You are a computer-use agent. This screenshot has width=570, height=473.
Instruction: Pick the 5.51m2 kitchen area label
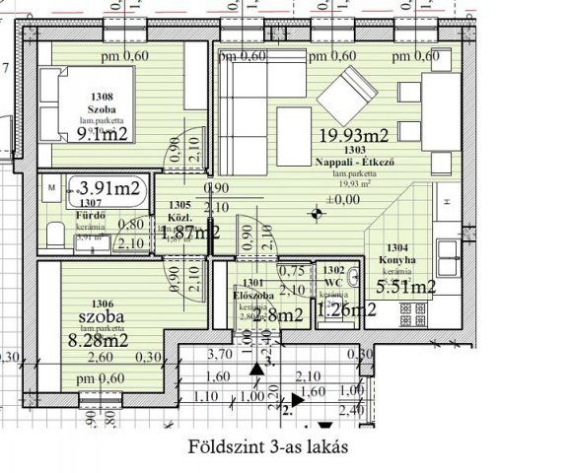(405, 287)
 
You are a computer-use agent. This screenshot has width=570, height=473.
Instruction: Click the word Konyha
(395, 261)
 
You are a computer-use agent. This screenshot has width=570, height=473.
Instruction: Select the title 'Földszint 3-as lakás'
(267, 445)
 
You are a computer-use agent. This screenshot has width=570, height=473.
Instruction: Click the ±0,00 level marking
(344, 199)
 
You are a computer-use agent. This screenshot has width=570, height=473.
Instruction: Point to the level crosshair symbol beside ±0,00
(316, 211)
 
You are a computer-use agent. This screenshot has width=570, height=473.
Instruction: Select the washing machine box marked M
(51, 185)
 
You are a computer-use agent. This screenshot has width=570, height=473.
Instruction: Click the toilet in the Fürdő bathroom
(54, 234)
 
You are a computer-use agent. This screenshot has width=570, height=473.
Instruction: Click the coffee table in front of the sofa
(294, 126)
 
